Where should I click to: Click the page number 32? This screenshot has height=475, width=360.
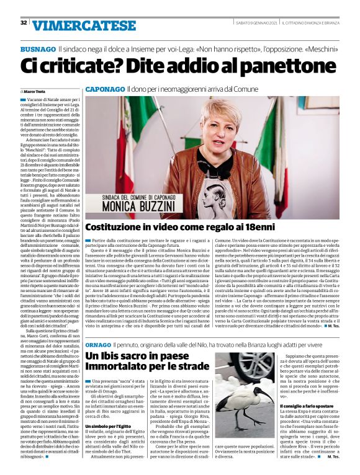[23, 23]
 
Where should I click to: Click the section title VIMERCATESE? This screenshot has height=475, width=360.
[84, 25]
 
